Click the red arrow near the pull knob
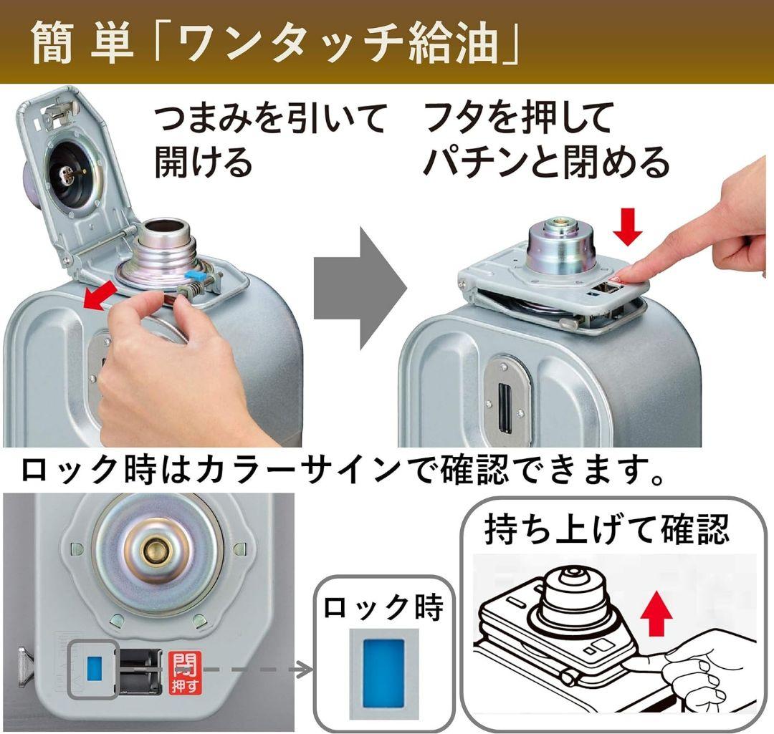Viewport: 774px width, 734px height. point(101,296)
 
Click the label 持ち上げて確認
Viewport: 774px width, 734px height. point(606,531)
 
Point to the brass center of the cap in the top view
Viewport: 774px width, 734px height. point(153,552)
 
